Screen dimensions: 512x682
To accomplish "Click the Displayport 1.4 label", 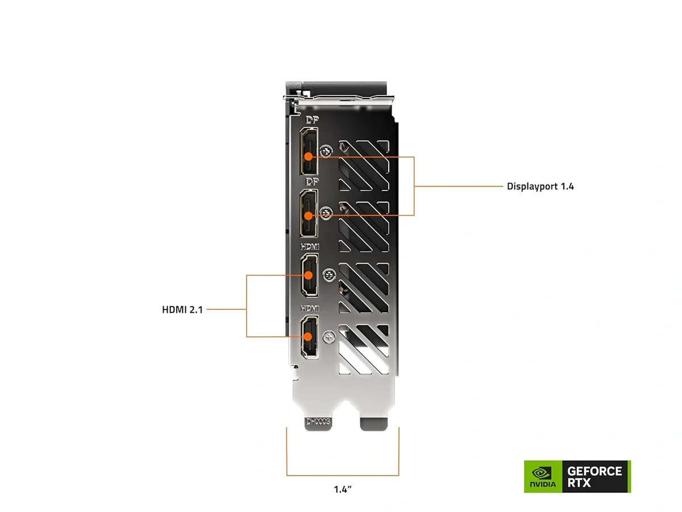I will point(540,186).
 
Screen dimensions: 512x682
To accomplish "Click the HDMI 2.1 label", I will point(182,310).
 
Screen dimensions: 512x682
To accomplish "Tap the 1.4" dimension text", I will point(343,489).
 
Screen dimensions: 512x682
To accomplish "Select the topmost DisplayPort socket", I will point(309,151).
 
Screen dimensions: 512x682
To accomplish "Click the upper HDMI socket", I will point(309,275).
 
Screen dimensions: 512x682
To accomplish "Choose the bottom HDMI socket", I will point(309,337).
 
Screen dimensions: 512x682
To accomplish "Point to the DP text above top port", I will point(311,120).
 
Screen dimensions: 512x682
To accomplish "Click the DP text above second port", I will point(311,181).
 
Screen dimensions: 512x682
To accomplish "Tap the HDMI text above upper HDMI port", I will point(310,247).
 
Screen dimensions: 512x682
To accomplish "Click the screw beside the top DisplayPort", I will point(326,152).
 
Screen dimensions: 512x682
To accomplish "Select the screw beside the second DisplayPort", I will point(326,213).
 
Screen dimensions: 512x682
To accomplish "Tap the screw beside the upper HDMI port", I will point(327,276).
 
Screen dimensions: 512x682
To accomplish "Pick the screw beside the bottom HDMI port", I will point(327,337).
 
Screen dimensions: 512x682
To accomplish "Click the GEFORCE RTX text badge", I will point(594,477).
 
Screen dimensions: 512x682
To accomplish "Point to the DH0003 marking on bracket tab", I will point(318,422).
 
